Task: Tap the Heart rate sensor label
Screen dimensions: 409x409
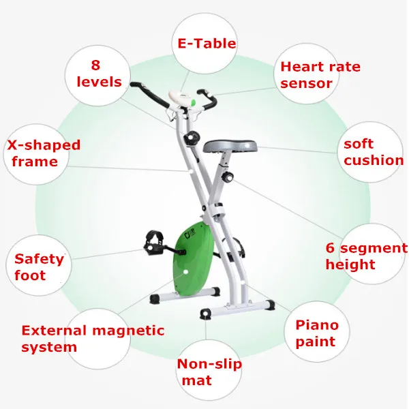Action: (320, 75)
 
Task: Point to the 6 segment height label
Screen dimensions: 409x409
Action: (365, 256)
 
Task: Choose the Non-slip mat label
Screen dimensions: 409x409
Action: (209, 372)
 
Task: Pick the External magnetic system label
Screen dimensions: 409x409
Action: (93, 338)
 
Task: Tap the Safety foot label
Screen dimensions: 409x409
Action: (39, 267)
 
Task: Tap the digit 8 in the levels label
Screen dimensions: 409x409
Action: (95, 65)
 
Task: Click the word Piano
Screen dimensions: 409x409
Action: (316, 325)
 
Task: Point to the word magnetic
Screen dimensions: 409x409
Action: (126, 331)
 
